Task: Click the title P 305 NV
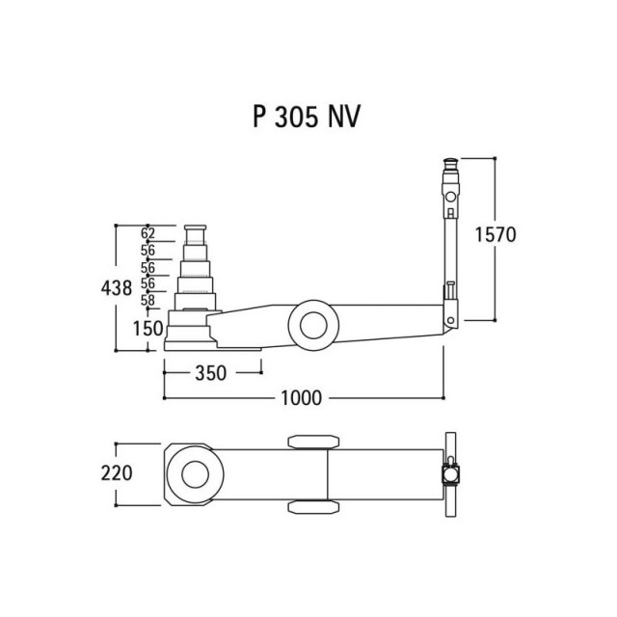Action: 307,117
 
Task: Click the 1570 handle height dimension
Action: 496,235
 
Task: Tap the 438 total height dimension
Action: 117,287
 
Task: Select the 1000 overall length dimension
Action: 302,398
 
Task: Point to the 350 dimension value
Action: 211,373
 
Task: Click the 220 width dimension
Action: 117,473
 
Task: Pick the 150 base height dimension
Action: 148,328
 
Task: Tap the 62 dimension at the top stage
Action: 148,233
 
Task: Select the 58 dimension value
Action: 148,300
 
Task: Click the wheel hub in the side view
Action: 313,325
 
